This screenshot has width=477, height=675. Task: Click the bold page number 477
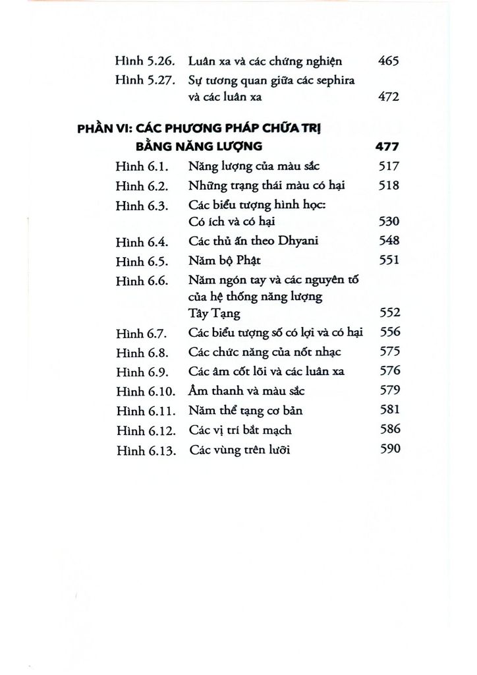(x=389, y=148)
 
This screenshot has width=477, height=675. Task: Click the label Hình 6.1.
(x=139, y=167)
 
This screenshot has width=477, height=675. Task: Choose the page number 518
(x=391, y=186)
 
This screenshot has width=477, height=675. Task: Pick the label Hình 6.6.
(x=140, y=279)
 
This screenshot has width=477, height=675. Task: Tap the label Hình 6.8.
(x=140, y=353)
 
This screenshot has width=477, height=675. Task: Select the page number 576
(x=391, y=371)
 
